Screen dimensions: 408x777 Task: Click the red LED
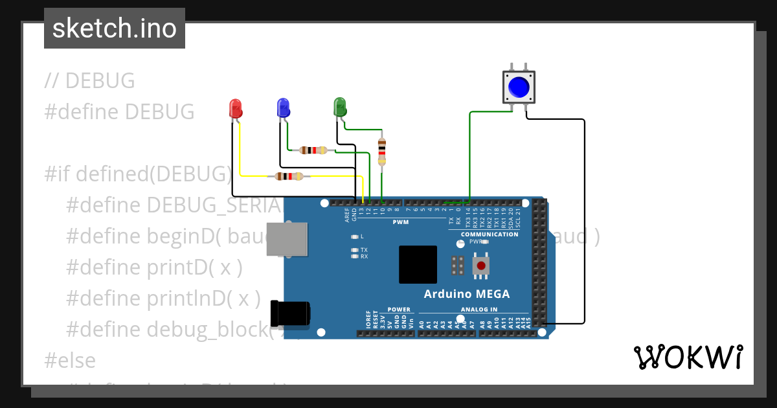236,108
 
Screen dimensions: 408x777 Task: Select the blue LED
283,108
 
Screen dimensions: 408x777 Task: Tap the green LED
339,107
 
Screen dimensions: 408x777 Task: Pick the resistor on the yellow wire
289,176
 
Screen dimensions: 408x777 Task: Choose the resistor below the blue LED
313,150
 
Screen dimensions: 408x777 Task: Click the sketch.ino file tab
115,28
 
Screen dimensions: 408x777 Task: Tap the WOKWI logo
688,357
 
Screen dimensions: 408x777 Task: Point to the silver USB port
287,238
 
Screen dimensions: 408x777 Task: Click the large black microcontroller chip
418,264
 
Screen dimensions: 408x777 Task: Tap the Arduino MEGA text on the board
466,294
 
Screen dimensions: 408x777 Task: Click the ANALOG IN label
479,310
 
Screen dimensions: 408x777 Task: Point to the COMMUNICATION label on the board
490,234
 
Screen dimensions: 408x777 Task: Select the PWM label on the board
401,223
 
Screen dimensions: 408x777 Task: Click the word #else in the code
70,360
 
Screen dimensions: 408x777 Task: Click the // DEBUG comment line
90,81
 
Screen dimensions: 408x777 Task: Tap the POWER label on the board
399,310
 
